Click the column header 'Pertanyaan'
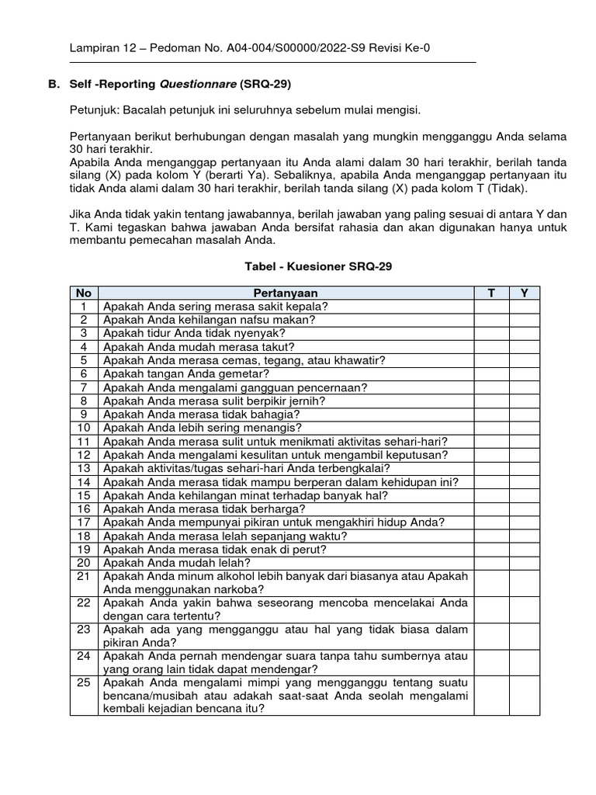click(286, 293)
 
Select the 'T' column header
click(491, 293)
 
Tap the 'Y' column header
click(524, 293)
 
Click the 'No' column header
click(83, 293)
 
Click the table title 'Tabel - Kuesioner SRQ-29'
click(318, 266)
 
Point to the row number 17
click(83, 522)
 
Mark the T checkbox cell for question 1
click(491, 307)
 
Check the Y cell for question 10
click(524, 428)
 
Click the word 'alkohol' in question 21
click(215, 576)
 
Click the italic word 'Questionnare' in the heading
click(198, 83)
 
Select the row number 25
click(83, 682)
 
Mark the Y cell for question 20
click(524, 562)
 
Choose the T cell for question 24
click(491, 661)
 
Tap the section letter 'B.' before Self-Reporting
click(53, 83)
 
